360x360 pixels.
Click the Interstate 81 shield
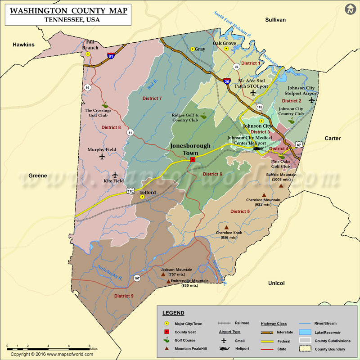tap(111, 56)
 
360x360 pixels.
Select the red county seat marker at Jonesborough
tap(193, 160)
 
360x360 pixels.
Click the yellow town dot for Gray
tap(193, 49)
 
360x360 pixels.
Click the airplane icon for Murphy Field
tap(101, 157)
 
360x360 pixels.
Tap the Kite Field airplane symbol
tap(115, 175)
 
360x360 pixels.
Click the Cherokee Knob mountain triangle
tap(226, 227)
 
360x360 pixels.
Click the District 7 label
tap(152, 98)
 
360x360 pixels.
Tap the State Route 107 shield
tap(137, 278)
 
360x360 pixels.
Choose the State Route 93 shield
tap(88, 87)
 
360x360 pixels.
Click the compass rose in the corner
tap(350, 9)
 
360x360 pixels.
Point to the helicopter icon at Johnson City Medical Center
tap(258, 148)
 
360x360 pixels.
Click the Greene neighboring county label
tap(38, 175)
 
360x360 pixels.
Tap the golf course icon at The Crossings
tap(105, 105)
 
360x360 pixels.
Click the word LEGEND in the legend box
tap(173, 313)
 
